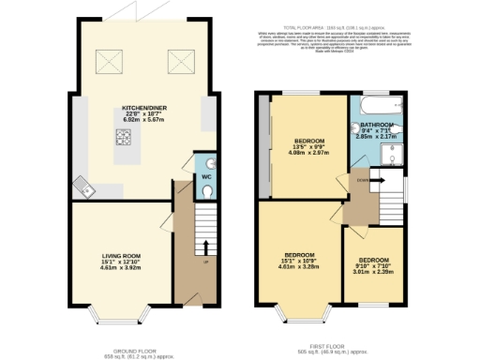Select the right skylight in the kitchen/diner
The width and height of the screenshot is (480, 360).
pyautogui.click(x=176, y=64)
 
